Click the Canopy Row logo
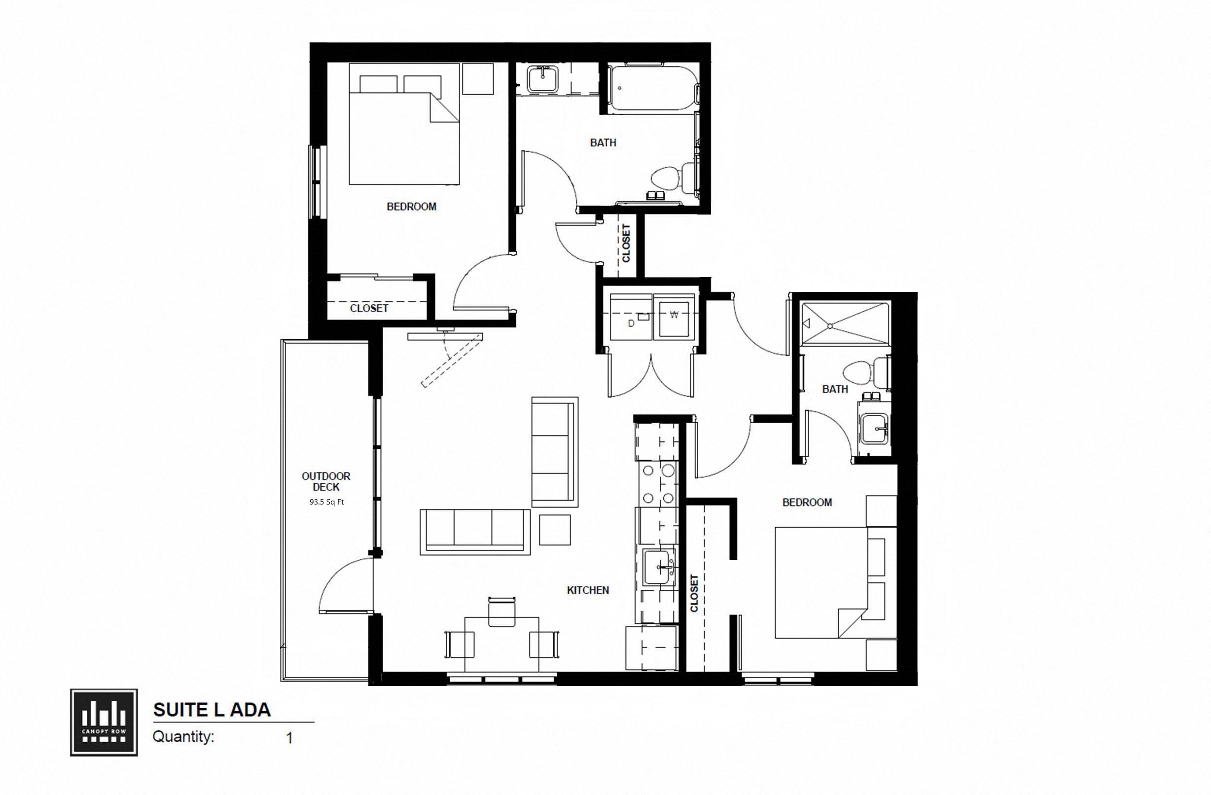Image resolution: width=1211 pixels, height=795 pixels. (104, 722)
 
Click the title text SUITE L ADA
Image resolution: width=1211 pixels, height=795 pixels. (212, 710)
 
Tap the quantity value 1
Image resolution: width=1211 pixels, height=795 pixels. (289, 738)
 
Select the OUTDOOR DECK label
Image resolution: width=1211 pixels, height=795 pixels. (326, 481)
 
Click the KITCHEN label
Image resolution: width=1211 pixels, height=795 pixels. (588, 590)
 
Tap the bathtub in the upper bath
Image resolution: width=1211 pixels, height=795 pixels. (651, 88)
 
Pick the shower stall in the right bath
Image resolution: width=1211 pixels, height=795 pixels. (845, 324)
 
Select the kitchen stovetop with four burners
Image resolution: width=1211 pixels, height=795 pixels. (658, 483)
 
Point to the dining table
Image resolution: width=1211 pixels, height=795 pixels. (501, 644)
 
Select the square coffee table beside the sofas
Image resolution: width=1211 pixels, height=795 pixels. (555, 529)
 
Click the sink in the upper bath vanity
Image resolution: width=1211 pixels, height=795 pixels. (543, 79)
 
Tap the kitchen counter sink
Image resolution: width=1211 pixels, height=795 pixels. (659, 567)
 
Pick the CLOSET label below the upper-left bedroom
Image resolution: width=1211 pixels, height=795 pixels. (369, 308)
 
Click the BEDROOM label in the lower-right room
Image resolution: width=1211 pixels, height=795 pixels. (807, 503)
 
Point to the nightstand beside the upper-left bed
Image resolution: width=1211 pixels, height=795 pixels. (478, 78)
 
